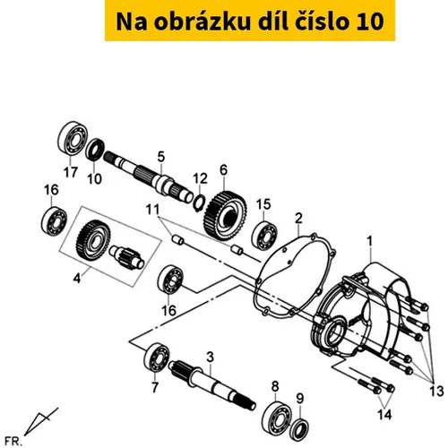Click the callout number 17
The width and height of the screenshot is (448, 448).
click(71, 172)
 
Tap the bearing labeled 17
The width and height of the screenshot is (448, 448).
click(73, 138)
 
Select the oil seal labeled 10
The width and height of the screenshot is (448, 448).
click(95, 149)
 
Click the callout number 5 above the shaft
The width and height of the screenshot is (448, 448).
click(161, 157)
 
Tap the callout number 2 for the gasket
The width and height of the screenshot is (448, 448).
click(298, 219)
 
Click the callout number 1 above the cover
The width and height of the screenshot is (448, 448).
click(370, 241)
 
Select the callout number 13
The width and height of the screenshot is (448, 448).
click(436, 391)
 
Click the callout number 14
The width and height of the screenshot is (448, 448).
click(384, 414)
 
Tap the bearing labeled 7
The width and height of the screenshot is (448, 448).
click(157, 358)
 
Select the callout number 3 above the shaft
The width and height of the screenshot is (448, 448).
click(211, 357)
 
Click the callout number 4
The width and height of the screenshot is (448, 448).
click(77, 279)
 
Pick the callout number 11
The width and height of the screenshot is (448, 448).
click(152, 210)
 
